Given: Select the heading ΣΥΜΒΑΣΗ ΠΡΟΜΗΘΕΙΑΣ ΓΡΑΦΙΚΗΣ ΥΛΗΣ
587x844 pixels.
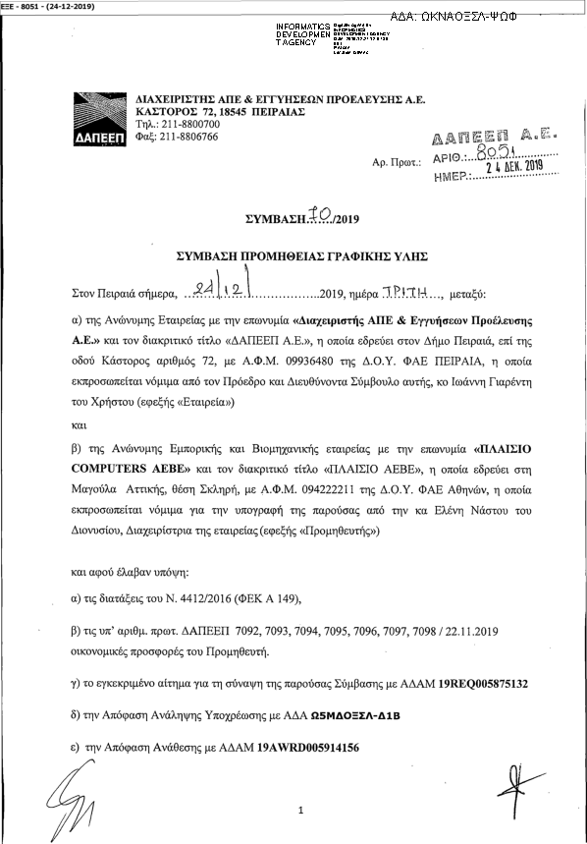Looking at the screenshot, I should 302,254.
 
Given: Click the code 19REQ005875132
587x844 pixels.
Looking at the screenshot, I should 472,682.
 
